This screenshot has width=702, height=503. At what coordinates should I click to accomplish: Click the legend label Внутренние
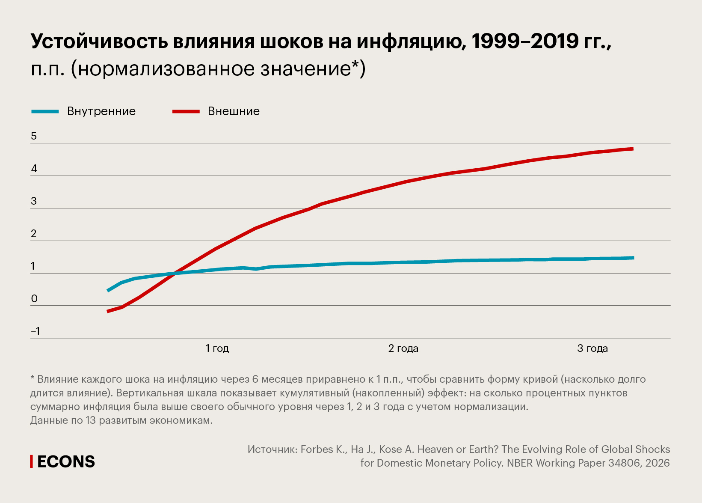tap(101, 111)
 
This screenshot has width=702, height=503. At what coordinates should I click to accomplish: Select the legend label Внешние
tap(234, 111)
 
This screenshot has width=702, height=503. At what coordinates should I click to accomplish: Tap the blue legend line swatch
tap(45, 112)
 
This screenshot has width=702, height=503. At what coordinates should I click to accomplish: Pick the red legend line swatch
tap(186, 112)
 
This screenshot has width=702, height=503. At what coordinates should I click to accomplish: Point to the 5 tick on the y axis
tap(34, 136)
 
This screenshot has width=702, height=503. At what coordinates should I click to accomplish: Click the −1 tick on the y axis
tap(36, 331)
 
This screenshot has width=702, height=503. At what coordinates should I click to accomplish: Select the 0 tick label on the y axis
tap(34, 299)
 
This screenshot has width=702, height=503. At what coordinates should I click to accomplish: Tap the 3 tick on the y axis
tap(34, 201)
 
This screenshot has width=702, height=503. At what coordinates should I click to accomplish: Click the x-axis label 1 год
tap(217, 348)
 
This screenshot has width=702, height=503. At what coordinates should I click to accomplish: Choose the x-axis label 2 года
tap(403, 348)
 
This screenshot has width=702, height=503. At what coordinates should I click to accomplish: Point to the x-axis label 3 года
tap(592, 348)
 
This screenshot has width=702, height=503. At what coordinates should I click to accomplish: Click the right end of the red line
tap(632, 149)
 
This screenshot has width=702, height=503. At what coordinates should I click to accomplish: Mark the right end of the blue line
tap(633, 258)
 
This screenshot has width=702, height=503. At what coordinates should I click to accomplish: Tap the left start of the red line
tap(108, 311)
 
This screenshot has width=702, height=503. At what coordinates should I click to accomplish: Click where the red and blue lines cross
tap(173, 273)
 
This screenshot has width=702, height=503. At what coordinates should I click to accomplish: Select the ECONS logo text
tap(66, 461)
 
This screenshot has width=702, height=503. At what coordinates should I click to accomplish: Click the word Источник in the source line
tap(272, 449)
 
